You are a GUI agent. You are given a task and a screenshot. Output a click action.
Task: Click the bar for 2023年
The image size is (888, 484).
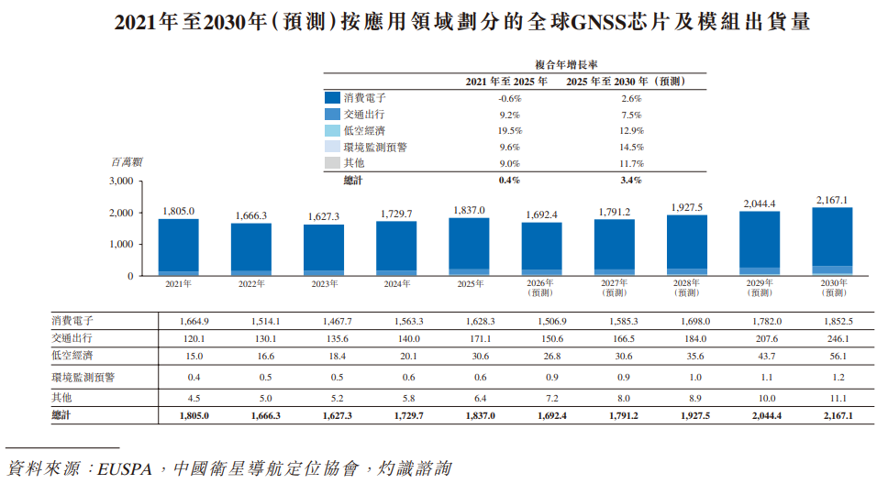click(x=324, y=250)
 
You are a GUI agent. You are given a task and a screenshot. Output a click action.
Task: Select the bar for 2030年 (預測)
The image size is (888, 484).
click(x=832, y=242)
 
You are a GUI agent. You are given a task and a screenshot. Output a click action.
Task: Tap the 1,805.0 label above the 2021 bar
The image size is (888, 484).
click(x=178, y=211)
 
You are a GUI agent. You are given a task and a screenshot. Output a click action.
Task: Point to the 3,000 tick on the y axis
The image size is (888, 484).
click(x=121, y=181)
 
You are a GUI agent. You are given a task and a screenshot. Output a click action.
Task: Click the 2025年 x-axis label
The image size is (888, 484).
click(x=470, y=283)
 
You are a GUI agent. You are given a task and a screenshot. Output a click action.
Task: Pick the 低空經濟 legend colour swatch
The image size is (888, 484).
click(x=332, y=131)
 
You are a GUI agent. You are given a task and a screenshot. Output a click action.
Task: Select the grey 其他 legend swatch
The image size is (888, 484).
click(x=332, y=163)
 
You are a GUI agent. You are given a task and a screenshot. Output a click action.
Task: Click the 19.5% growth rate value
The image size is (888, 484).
click(x=510, y=131)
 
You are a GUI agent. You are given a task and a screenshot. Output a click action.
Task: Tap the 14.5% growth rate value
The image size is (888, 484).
click(x=631, y=148)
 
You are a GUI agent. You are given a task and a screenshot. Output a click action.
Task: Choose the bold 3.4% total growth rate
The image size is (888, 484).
click(x=631, y=180)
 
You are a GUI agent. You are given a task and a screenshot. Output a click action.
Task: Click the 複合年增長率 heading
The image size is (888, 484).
click(x=566, y=65)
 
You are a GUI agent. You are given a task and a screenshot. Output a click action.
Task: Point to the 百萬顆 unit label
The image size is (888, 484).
click(x=127, y=162)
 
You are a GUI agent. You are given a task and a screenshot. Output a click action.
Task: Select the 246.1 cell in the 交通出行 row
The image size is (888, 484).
click(x=838, y=338)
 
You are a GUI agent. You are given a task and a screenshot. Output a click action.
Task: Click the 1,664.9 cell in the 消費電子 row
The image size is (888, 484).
click(x=194, y=321)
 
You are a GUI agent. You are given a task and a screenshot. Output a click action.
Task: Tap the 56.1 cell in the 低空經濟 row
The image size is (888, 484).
click(x=838, y=356)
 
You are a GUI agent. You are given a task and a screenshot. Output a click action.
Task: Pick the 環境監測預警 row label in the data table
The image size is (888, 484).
click(x=83, y=377)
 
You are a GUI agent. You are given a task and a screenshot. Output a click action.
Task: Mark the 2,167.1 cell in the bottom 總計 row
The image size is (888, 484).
click(x=838, y=415)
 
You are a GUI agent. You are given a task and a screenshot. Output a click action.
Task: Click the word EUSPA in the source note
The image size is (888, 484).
click(x=125, y=469)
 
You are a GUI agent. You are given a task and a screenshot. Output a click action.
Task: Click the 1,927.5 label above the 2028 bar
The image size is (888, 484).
click(x=687, y=207)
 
